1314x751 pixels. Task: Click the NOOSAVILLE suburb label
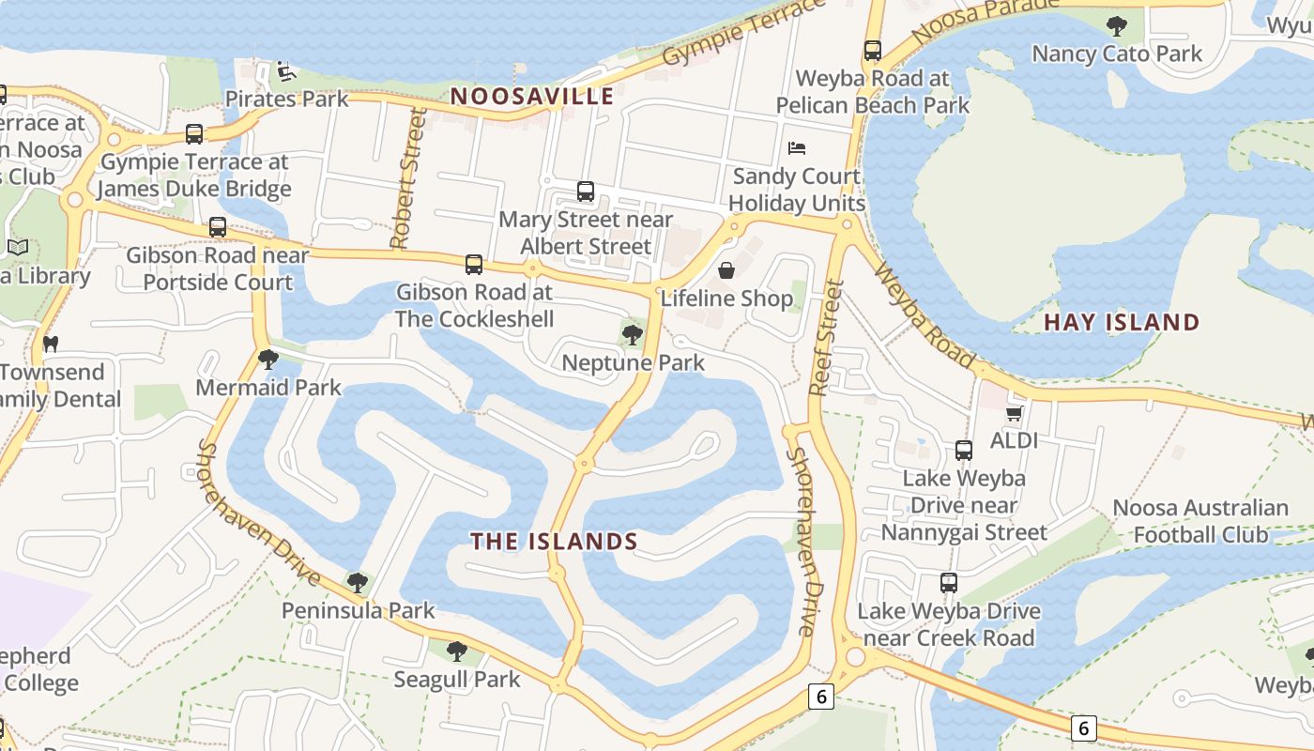coord(532,96)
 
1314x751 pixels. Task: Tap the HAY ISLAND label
coord(1122,322)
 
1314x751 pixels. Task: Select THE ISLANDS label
coord(554,542)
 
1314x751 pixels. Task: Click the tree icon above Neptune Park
coord(633,333)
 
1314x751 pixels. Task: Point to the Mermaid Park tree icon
coord(268,359)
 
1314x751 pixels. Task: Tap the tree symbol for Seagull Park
coord(457,651)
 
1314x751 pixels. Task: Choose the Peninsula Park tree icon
coord(357,583)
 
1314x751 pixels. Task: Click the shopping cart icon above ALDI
coord(1014,413)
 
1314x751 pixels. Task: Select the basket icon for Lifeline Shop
coord(726,271)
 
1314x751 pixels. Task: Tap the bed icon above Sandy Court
coord(797,148)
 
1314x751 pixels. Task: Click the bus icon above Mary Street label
coord(586,192)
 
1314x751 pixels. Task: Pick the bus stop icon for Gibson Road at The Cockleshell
coord(474,265)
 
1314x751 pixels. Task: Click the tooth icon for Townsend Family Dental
coord(51,345)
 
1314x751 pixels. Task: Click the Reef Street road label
coord(822,338)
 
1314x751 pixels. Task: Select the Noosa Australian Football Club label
coord(1200,521)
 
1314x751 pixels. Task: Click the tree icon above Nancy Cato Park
coord(1116,25)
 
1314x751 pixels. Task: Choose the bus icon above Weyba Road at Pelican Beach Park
coord(873,51)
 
